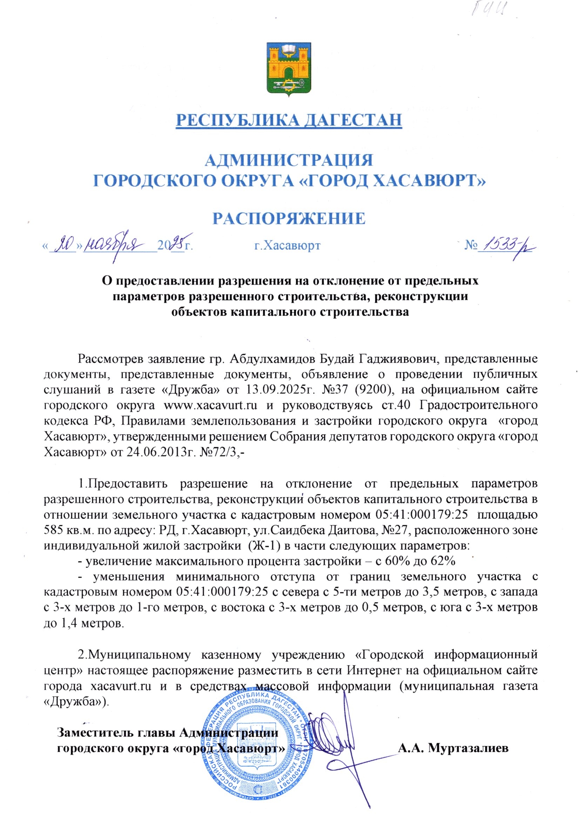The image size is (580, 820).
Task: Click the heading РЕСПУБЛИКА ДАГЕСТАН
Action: pos(289,120)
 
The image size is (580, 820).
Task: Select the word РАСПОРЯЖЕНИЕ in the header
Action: pos(289,218)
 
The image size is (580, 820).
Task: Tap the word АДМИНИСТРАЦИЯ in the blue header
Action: pos(289,160)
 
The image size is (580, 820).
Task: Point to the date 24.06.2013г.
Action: pos(155,452)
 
